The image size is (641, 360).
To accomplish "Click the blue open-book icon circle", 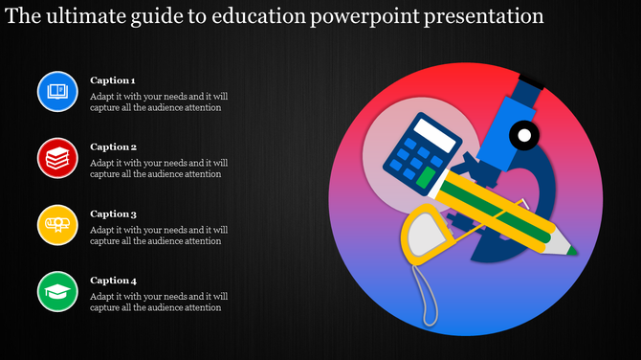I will pos(56,91).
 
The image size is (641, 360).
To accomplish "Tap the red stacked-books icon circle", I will pos(56,158).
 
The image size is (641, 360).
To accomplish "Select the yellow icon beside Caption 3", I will pos(56,225).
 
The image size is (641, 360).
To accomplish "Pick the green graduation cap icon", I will pos(56,291).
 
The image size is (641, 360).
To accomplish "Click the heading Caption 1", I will pos(112,80).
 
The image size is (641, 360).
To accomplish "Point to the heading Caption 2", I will pos(112,147).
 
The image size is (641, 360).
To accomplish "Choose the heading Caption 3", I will pos(112,214).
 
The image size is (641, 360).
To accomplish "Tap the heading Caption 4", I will pos(112,281).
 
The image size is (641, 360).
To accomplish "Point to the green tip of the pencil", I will pos(573,251).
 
